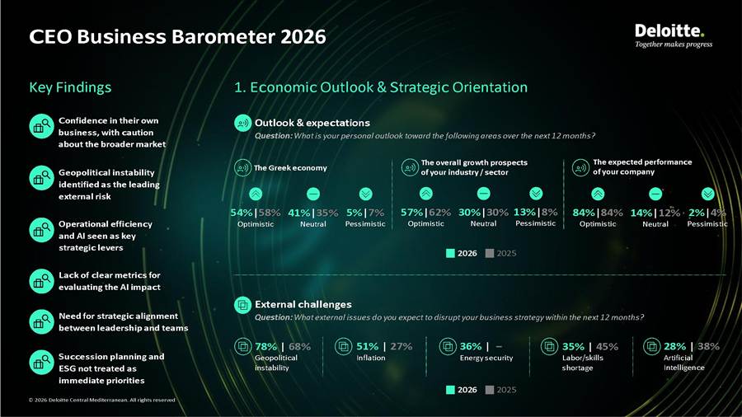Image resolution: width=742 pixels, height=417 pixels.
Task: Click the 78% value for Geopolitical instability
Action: click(x=266, y=347)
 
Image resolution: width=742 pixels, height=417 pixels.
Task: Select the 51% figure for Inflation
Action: click(x=367, y=347)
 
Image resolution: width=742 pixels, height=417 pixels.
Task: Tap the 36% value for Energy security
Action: click(x=471, y=347)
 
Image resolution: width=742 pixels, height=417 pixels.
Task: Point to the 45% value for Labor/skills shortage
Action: click(x=607, y=347)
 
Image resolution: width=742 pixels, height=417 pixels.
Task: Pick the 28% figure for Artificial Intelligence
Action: click(x=674, y=347)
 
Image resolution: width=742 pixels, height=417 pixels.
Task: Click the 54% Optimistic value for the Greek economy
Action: click(x=242, y=213)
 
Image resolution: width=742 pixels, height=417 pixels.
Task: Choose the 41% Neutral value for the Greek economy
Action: click(x=299, y=213)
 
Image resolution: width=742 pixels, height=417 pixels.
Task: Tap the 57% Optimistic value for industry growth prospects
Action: click(x=411, y=213)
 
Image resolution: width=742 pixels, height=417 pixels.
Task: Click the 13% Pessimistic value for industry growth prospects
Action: click(x=525, y=213)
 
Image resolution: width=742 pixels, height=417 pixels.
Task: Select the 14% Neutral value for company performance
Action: click(x=641, y=213)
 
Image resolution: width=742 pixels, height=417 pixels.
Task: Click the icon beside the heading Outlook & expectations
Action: click(x=242, y=123)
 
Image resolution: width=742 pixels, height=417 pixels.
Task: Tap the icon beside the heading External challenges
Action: click(x=242, y=304)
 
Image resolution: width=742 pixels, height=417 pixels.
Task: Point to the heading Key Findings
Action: click(x=70, y=87)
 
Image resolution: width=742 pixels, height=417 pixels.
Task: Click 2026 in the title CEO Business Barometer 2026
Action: click(x=303, y=37)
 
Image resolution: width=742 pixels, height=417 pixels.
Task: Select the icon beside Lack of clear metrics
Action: click(x=42, y=281)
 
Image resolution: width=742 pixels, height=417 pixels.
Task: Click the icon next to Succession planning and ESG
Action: click(x=42, y=363)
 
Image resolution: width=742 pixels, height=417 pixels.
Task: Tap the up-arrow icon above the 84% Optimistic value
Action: click(x=598, y=194)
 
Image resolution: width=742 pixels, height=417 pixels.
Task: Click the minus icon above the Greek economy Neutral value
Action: click(x=313, y=194)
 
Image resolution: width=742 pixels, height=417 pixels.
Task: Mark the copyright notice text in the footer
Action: click(x=101, y=400)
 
